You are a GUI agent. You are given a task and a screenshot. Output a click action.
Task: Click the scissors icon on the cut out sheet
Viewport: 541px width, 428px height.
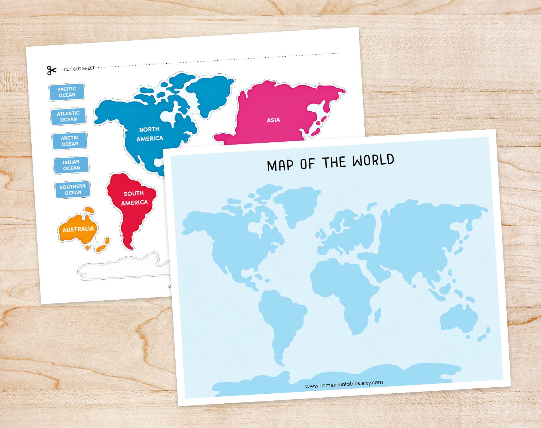tap(51, 70)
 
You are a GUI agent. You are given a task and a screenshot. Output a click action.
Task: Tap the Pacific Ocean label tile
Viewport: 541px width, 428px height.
tap(67, 92)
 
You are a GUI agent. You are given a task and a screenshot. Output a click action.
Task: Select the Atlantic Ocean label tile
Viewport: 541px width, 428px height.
tap(68, 116)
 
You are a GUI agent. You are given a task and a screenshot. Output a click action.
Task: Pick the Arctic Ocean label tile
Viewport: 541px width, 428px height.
tap(70, 141)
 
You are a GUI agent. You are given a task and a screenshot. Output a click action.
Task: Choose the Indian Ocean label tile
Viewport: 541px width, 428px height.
tap(71, 165)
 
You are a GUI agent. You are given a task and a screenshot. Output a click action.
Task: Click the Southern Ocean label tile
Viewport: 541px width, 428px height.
tap(72, 189)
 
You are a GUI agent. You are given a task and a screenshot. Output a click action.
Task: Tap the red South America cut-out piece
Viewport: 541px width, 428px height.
tap(133, 206)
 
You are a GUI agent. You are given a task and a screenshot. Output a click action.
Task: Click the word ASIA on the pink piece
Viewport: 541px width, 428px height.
tap(273, 120)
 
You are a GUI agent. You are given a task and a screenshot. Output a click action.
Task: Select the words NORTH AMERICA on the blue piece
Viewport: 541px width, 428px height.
tap(149, 134)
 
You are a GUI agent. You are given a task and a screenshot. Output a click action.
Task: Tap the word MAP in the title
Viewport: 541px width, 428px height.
tap(280, 165)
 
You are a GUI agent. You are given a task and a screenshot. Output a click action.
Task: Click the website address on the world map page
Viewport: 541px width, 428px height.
tap(344, 384)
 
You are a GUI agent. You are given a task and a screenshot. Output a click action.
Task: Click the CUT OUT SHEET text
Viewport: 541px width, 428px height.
tap(79, 69)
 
